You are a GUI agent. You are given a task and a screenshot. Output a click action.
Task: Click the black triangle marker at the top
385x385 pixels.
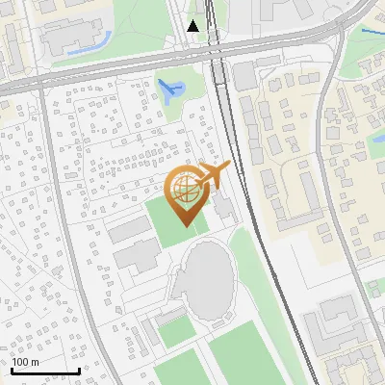point(193,26)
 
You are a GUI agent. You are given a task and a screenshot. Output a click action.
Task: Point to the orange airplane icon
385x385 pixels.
point(214,175)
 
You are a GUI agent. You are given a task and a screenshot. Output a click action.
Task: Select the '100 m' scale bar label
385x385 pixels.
point(26,362)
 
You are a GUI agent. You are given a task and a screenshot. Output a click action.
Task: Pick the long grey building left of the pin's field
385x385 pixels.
point(125,230)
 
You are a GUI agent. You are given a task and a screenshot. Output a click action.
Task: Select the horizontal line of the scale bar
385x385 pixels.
point(45,372)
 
